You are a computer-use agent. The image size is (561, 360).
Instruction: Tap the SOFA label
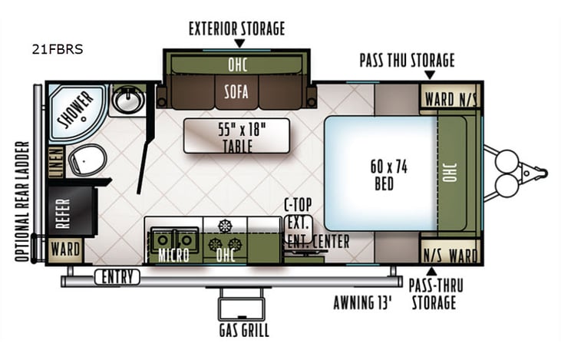tap(236, 94)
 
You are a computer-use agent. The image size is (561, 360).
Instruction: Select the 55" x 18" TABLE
tap(236, 136)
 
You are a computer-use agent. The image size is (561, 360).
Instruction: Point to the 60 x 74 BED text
tap(381, 176)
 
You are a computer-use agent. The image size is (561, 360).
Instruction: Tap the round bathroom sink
tap(127, 99)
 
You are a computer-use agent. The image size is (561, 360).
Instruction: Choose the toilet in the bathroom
tap(84, 159)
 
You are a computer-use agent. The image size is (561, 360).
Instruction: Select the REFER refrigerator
tap(62, 211)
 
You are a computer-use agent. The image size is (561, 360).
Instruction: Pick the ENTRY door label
tap(117, 277)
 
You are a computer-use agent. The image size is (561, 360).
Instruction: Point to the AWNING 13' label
tap(361, 302)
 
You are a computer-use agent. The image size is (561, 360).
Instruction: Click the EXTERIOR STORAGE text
tap(236, 29)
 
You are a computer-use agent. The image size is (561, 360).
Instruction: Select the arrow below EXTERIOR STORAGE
tap(236, 43)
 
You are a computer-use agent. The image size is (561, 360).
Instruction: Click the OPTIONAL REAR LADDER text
tap(22, 201)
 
